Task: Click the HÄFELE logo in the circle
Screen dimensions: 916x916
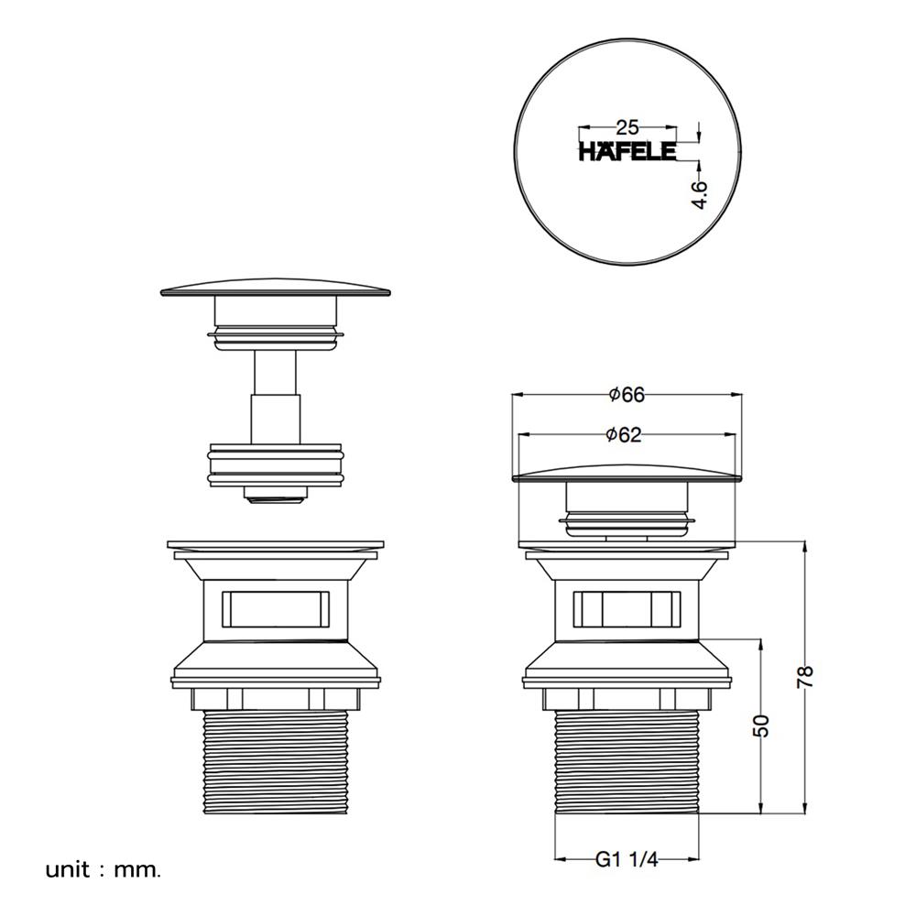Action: coord(627,152)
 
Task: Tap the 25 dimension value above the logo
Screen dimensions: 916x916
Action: coord(627,127)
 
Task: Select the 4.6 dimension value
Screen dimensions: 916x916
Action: coord(699,194)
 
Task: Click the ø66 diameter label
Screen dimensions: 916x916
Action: coord(627,395)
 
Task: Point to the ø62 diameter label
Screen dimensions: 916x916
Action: coord(624,434)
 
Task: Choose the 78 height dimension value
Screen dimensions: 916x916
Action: coord(805,677)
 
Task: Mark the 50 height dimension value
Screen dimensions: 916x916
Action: coord(761,726)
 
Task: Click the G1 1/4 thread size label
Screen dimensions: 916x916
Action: coord(627,859)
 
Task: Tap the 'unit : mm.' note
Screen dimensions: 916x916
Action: coord(103,870)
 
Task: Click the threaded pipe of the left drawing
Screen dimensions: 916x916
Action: coord(275,762)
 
